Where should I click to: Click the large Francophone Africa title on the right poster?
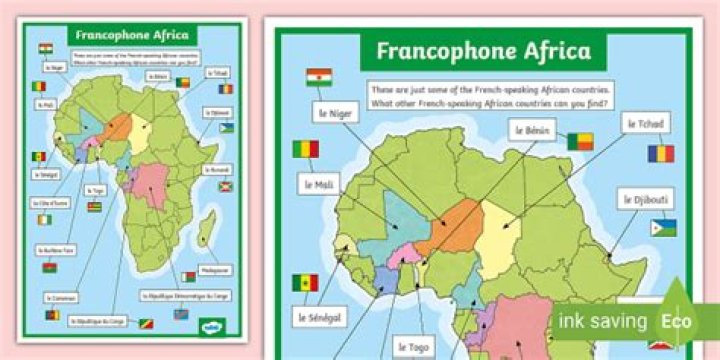482,50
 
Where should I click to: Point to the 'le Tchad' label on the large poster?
646,123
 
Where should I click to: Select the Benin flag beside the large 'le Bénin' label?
580,141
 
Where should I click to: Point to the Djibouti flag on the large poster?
663,229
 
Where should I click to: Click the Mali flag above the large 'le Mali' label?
306,150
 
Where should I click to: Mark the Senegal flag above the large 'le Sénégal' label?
305,283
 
